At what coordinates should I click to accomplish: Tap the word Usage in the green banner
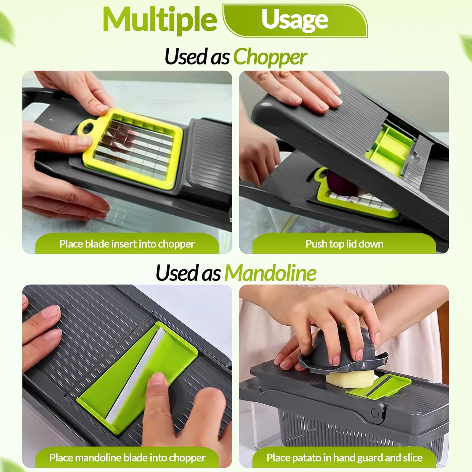295,20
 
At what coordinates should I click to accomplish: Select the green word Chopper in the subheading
270,57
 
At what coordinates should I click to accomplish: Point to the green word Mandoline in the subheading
270,273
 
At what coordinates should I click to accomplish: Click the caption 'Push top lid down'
344,244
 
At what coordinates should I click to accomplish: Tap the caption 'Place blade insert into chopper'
127,244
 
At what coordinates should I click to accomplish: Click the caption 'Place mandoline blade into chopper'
127,458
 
